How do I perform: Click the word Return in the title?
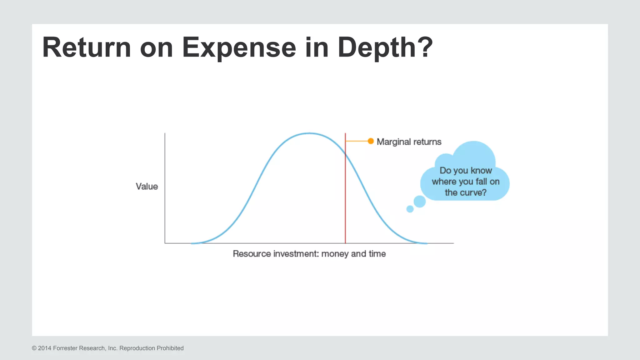point(87,47)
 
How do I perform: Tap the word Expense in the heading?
point(239,47)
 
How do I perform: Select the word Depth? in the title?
point(385,47)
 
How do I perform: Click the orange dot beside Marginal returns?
point(371,141)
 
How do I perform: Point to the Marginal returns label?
point(409,142)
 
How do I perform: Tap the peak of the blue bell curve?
point(309,133)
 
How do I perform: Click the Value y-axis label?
point(147,187)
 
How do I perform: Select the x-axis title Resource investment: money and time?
point(309,254)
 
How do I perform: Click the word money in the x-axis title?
point(335,254)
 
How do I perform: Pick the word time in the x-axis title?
point(377,254)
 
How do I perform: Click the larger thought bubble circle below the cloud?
point(420,202)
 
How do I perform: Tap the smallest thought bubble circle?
point(410,209)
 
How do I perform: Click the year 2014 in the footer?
point(45,348)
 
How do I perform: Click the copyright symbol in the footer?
point(34,348)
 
